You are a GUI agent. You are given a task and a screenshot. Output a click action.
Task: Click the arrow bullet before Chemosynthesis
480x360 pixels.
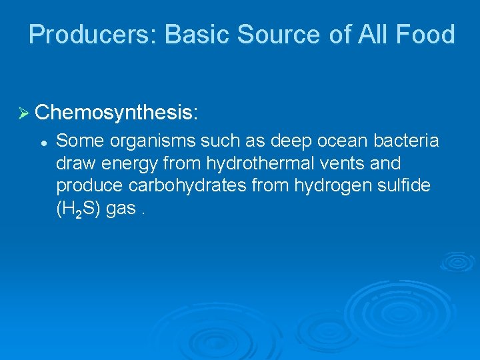pos(25,112)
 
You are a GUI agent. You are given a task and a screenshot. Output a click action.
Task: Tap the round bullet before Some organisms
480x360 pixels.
pos(42,142)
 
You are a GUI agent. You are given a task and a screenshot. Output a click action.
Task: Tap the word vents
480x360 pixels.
pos(331,163)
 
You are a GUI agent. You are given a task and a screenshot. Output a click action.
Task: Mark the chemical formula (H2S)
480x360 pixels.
pos(79,209)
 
